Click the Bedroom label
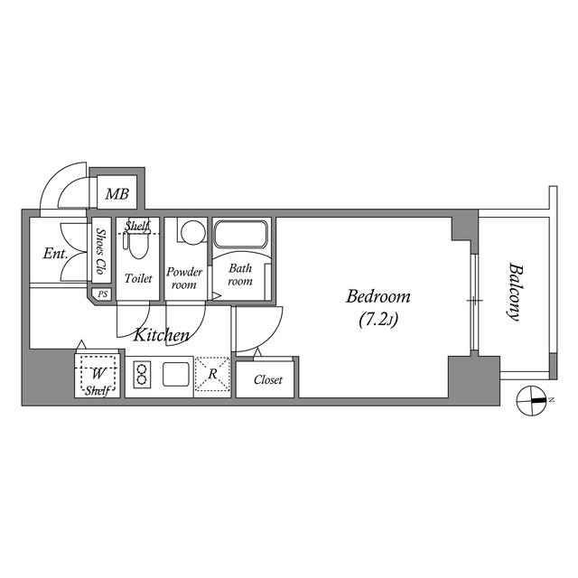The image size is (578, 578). click(x=378, y=296)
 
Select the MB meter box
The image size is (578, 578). click(x=117, y=194)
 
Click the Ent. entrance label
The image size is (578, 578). click(x=55, y=253)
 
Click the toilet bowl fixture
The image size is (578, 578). click(x=138, y=245)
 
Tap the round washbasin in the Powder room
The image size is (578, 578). click(x=190, y=233)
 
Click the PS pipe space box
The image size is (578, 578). click(x=102, y=294)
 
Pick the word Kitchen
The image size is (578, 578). click(x=162, y=335)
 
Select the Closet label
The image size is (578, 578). click(x=268, y=380)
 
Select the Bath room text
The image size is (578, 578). click(x=240, y=275)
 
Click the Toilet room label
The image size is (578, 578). click(x=138, y=278)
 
